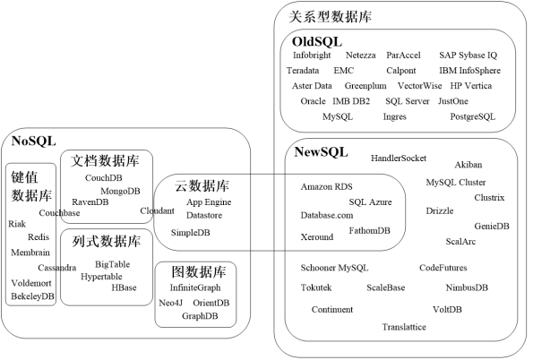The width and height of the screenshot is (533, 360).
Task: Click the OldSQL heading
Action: click(x=317, y=41)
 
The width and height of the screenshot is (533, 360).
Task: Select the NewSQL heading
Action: click(x=322, y=152)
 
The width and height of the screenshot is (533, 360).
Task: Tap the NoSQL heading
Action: click(x=33, y=140)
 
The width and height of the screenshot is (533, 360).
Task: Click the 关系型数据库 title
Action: click(x=331, y=16)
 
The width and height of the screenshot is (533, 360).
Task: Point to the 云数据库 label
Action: click(x=202, y=186)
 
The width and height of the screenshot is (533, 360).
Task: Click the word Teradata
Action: click(x=303, y=70)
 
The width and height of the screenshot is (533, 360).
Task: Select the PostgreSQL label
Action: click(x=472, y=116)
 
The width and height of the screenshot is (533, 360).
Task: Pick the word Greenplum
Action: click(x=365, y=86)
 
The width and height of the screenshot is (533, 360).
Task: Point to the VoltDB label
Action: click(x=447, y=309)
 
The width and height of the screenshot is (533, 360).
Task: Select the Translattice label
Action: click(x=403, y=328)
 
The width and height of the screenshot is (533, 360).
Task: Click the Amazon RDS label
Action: click(x=327, y=186)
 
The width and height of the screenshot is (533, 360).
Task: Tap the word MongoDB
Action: click(x=120, y=191)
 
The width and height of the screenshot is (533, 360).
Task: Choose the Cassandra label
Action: click(x=56, y=268)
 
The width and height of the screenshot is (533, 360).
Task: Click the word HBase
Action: click(x=124, y=287)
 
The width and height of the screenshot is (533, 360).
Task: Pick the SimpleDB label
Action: click(x=190, y=233)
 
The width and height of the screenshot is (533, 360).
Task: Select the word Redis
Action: click(x=39, y=237)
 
